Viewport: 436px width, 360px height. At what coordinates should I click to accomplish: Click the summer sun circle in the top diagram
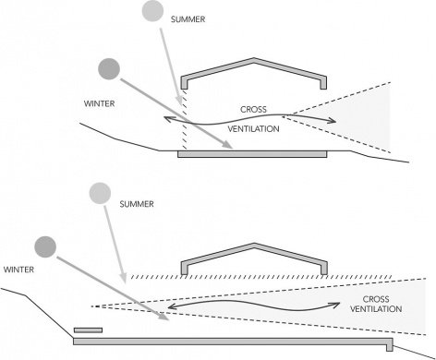click(152, 11)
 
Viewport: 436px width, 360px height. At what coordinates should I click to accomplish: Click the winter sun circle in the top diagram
click(109, 69)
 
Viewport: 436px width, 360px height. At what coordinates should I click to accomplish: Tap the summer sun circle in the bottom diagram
click(100, 193)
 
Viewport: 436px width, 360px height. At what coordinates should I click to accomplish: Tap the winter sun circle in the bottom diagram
click(45, 246)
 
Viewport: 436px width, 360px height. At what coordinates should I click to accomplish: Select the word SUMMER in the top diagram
click(188, 19)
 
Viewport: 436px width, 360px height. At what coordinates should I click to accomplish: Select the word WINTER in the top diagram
click(99, 103)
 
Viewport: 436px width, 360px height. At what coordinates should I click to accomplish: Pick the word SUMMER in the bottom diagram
click(137, 204)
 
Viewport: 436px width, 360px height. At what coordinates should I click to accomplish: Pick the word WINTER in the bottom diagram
click(18, 270)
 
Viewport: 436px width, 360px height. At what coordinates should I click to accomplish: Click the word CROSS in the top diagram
click(253, 109)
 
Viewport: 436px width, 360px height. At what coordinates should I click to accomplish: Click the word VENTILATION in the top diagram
click(253, 129)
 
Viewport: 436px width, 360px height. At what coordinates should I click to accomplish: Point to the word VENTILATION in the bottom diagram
click(376, 309)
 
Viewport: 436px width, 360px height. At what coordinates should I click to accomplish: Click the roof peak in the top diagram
click(253, 58)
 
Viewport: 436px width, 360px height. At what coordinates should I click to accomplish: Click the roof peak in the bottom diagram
click(254, 244)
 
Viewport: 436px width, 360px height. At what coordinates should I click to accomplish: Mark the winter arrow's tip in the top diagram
click(233, 149)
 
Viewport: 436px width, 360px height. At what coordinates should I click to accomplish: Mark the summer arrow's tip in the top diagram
click(180, 105)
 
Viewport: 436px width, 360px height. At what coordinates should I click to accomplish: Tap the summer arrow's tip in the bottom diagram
click(125, 282)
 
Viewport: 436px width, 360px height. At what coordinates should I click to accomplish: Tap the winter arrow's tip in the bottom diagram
click(169, 320)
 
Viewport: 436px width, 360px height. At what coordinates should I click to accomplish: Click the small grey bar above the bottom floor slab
click(88, 330)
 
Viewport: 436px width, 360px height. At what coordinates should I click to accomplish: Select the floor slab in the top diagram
click(252, 154)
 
